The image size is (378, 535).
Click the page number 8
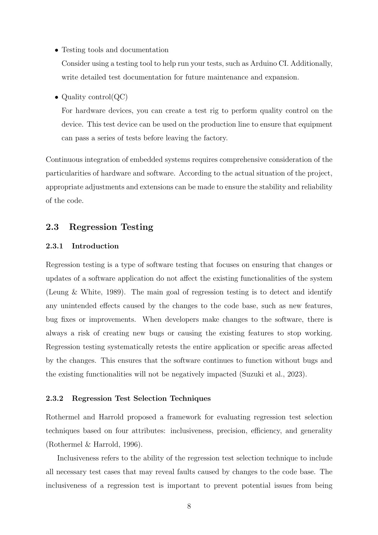coord(189,506)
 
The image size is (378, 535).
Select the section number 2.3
coord(52,227)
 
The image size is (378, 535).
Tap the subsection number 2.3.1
coord(55,246)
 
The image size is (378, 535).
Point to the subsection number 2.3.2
coord(55,399)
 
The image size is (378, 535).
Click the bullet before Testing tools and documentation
coord(56,50)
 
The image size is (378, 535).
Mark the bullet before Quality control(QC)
coord(56,97)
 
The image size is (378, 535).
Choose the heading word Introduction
coord(95,246)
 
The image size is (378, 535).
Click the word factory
coord(215,138)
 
